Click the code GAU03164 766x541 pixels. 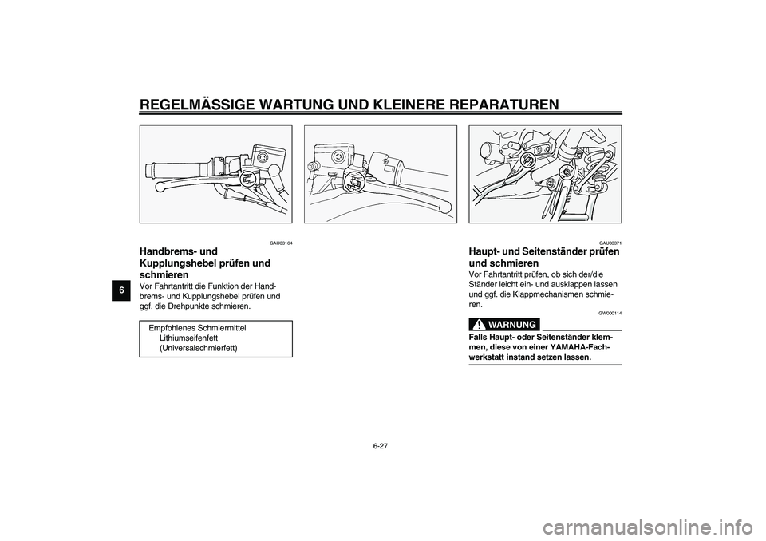pos(280,243)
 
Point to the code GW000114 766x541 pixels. pos(610,313)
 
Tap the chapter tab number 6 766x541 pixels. pos(121,289)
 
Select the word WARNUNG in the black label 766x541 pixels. pos(512,324)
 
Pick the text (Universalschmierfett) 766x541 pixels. pos(198,348)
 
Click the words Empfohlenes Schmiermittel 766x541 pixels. pos(197,327)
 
